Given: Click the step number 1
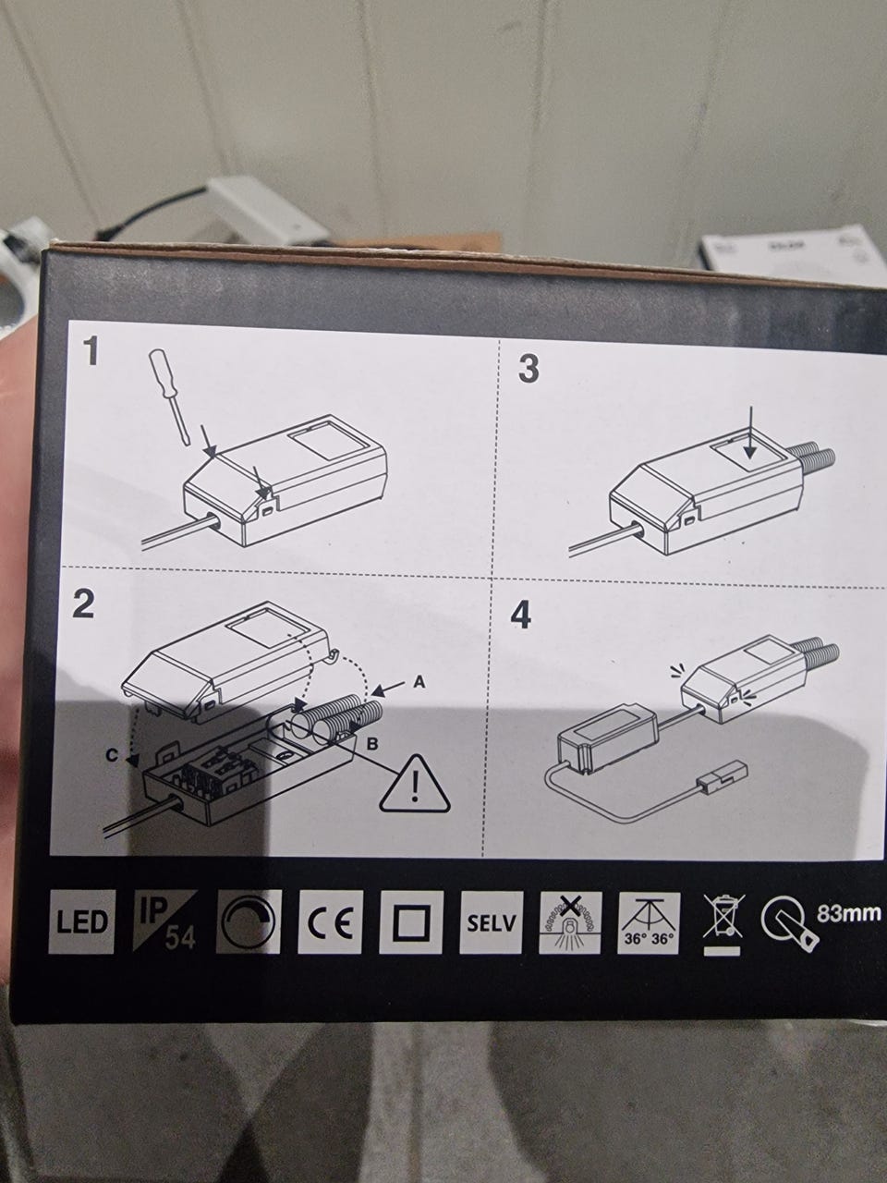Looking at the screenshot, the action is (92, 351).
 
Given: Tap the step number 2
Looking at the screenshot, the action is (83, 604).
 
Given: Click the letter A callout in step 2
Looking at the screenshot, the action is (419, 682).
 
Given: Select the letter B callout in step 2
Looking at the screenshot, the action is (372, 745).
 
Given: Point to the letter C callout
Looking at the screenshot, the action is (112, 756).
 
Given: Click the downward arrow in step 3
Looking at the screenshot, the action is (752, 432).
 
